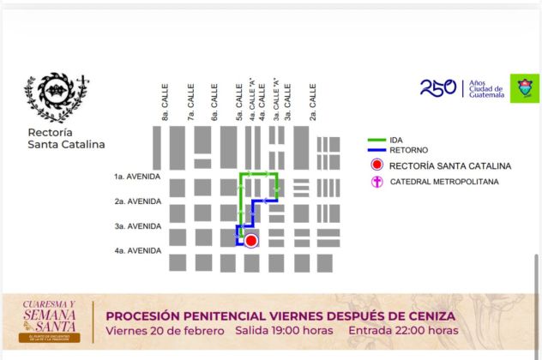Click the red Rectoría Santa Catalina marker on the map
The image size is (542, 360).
pos(250,241)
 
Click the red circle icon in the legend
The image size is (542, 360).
pos(376,165)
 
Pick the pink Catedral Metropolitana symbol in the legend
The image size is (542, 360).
pos(376,181)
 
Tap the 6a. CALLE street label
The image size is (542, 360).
pos(214,102)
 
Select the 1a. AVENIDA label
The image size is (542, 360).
pos(137,177)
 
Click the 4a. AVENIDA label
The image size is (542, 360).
pos(137,250)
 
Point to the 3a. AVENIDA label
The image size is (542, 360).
pos(137,226)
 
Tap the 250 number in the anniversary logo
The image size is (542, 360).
pos(437,87)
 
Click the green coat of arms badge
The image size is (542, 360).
pos(524,88)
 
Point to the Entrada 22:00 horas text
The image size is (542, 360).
pos(406,331)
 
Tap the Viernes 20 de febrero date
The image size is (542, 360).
pos(165,331)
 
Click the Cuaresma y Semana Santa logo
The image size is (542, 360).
pos(49,321)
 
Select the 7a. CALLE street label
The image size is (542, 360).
pos(190,102)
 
